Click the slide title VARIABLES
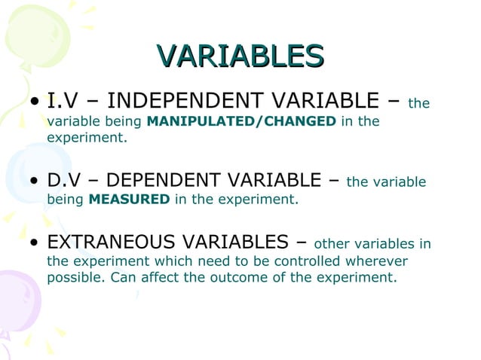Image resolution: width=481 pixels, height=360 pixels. tap(240, 56)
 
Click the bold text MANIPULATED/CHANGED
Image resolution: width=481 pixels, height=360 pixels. tap(242, 121)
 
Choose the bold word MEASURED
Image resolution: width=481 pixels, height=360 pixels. tap(129, 200)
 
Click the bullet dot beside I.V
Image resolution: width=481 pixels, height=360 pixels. tap(35, 101)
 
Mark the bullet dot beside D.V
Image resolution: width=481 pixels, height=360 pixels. tap(35, 182)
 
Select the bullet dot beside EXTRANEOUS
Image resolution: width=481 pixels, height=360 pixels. tap(35, 243)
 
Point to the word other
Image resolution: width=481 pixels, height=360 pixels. tap(329, 243)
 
